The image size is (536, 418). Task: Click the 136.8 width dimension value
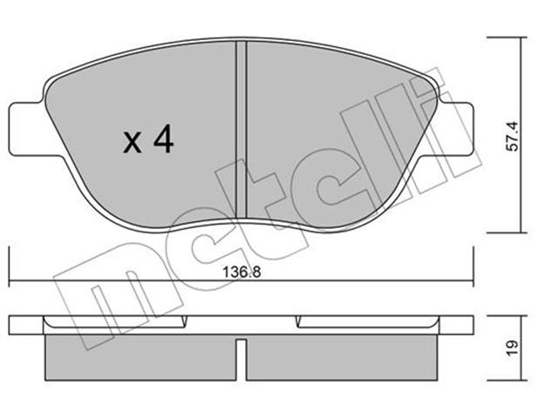click(x=242, y=273)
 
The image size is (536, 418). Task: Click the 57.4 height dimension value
click(x=513, y=137)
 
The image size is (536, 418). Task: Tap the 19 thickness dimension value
click(x=513, y=348)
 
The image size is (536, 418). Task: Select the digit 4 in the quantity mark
click(x=164, y=138)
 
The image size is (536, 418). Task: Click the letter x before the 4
click(x=132, y=143)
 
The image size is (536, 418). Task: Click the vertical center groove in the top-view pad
click(x=241, y=130)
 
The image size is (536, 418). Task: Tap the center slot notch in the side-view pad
click(x=241, y=359)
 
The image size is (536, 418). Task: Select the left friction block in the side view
click(x=140, y=357)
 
